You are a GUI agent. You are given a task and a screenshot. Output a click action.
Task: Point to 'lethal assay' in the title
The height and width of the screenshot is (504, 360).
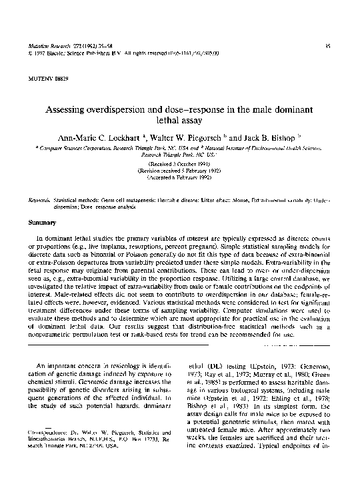tap(180, 121)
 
